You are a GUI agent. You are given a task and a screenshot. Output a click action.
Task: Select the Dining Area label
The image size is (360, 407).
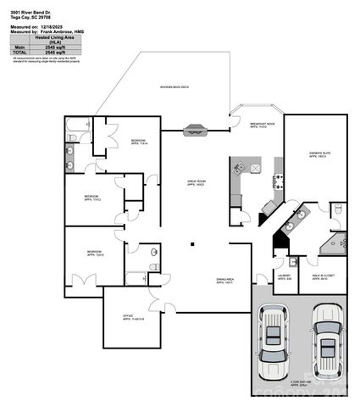click(224, 281)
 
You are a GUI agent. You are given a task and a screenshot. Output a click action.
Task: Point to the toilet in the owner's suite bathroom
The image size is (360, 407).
click(337, 210)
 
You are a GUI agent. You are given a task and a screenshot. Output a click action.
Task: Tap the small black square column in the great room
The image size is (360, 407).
click(191, 244)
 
